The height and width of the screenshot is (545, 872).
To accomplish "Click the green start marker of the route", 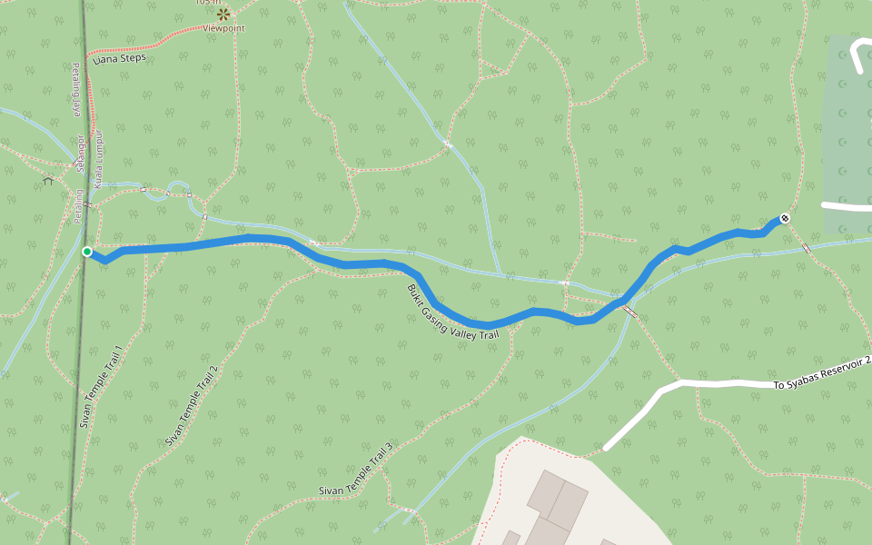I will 87,252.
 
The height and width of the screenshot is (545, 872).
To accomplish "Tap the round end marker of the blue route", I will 785,218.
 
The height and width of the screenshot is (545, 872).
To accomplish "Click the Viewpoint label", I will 223,28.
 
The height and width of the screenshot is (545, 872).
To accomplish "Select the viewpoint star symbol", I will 223,14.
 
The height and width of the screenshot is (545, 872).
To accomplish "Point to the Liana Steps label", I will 120,58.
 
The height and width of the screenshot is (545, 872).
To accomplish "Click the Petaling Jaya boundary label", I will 77,90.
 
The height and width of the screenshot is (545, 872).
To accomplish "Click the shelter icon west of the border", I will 47,181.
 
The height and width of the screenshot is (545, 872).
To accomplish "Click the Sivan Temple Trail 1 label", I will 101,386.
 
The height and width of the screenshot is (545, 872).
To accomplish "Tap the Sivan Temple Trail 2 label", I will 192,406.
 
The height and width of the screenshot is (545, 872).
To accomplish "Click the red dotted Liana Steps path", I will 136,47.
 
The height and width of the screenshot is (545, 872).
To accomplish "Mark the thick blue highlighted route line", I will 363,264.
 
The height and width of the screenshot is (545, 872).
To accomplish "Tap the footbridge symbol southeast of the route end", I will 807,248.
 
